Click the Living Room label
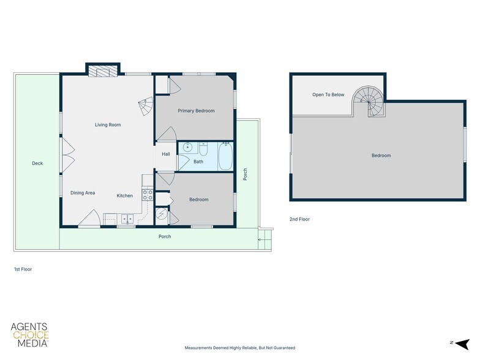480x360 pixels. pos(108,125)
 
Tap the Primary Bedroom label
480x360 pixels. pos(196,111)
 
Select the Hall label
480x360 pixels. pos(166,154)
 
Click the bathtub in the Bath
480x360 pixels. pos(225,156)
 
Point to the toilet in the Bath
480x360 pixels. pos(203,149)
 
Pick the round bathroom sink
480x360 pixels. pos(187,148)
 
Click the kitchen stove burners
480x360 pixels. pos(147,195)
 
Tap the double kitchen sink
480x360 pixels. pos(127,219)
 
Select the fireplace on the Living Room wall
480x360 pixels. pos(103,71)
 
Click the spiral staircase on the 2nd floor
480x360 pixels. pos(369,102)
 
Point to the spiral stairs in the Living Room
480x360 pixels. pos(146,107)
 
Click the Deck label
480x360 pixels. pos(37,163)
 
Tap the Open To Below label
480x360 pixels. pos(328,94)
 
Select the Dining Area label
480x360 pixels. pos(83,193)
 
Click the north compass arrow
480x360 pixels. pos(462,344)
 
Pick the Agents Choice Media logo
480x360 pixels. pos(29,335)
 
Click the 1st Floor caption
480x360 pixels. pos(23,269)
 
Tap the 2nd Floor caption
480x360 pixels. pos(300,219)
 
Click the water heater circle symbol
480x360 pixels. pos(162,214)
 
